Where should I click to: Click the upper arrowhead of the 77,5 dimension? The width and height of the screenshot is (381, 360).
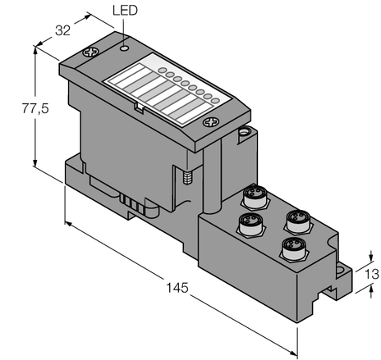[35, 50]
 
